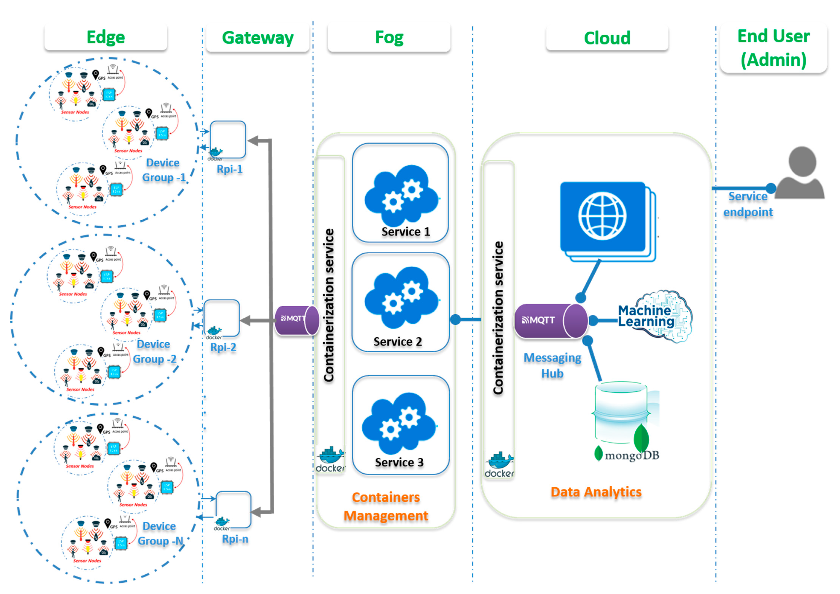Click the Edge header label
pos(106,37)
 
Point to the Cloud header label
pos(607,38)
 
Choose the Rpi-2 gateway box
pos(221,318)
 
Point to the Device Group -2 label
pos(154,352)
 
